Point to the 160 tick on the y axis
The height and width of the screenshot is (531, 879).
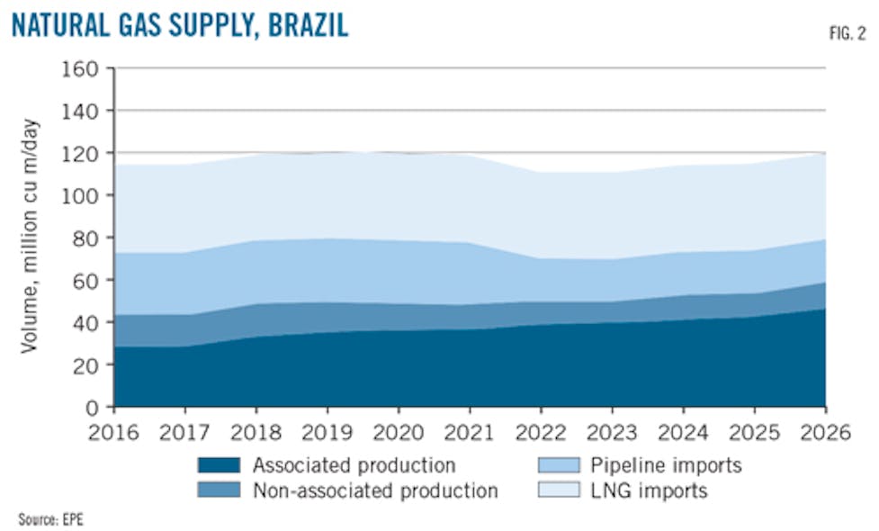coord(82,68)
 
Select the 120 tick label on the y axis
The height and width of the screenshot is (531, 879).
coord(82,153)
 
